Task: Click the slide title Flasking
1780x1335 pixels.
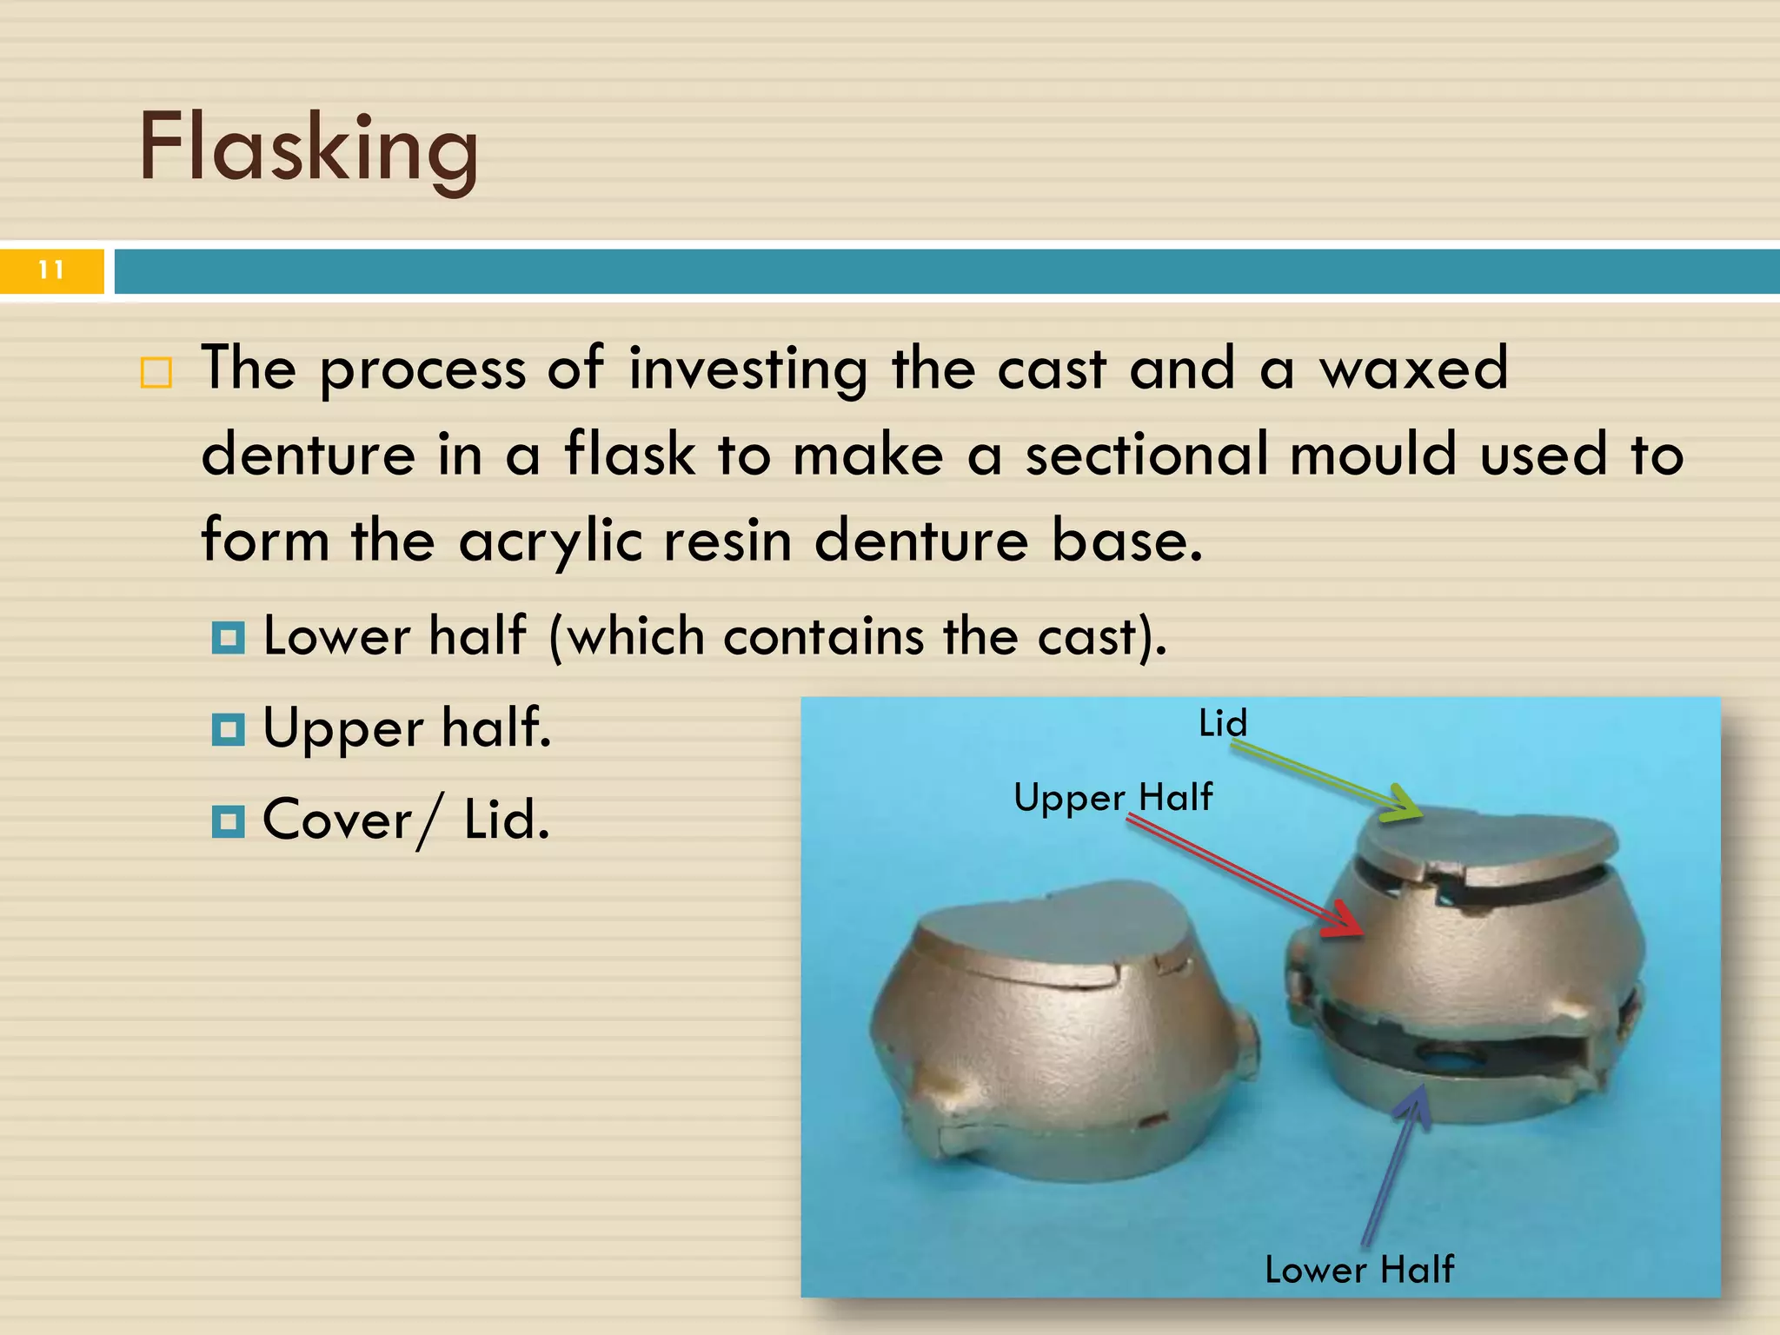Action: point(308,148)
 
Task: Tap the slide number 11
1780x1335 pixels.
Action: point(51,270)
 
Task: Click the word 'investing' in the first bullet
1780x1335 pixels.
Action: point(747,369)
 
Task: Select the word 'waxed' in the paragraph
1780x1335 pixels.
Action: point(1413,369)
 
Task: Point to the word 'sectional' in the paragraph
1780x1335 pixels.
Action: point(1147,455)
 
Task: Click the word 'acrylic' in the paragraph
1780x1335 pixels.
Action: point(550,541)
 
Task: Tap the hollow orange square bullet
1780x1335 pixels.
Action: point(156,373)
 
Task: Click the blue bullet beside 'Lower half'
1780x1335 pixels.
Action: point(228,638)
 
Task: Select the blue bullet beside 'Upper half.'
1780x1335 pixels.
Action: point(228,729)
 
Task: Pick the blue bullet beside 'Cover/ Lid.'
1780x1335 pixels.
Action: point(228,820)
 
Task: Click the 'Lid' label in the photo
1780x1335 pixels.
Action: point(1222,723)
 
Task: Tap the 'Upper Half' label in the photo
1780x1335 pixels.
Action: point(1112,797)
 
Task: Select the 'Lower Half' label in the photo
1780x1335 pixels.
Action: point(1358,1270)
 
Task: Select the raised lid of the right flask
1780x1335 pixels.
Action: point(1486,839)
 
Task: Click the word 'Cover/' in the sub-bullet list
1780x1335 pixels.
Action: point(351,820)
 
